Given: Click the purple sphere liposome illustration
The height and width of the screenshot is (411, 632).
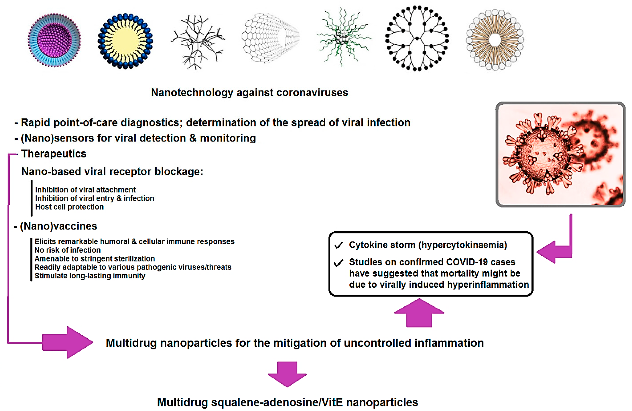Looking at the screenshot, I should click(x=55, y=40).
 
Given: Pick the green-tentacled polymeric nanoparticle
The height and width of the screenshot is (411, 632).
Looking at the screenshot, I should click(x=343, y=37).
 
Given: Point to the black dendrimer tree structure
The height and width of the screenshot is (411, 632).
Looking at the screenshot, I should click(x=417, y=38).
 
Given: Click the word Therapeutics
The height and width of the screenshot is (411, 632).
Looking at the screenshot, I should click(x=54, y=154).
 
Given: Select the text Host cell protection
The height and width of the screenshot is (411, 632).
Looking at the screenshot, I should click(x=69, y=207).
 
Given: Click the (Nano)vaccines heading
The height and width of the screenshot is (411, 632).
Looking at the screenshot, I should click(x=58, y=226).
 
